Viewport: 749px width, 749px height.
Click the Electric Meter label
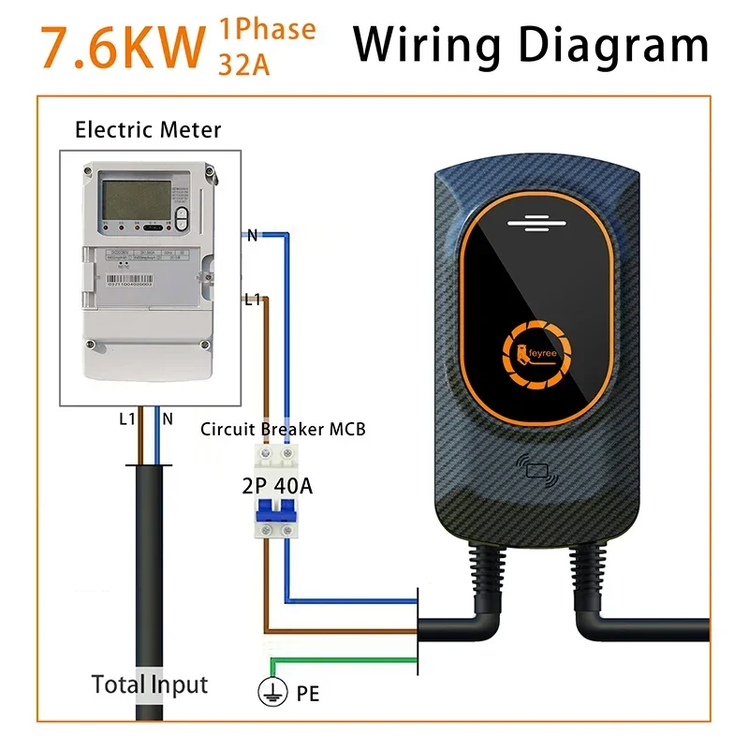click(x=148, y=129)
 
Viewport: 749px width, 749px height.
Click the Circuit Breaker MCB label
click(x=282, y=430)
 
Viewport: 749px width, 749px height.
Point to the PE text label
click(x=307, y=694)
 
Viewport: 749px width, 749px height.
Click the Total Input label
click(x=150, y=684)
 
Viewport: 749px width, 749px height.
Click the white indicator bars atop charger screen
click(x=536, y=223)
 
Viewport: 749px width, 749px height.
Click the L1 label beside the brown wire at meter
click(x=252, y=300)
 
